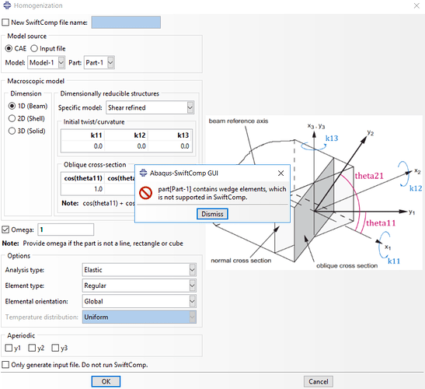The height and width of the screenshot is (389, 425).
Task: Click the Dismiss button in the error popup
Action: coord(212,214)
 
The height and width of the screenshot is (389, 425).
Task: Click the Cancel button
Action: coord(319,382)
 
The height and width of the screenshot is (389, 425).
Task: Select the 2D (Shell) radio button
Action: coord(12,118)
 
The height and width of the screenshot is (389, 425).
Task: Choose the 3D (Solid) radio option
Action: coord(12,131)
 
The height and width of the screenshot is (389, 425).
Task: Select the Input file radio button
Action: coord(34,48)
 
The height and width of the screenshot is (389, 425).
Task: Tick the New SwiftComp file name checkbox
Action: coord(5,23)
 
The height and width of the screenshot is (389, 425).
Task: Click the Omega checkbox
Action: coord(5,230)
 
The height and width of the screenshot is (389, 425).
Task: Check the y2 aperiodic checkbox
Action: coord(32,348)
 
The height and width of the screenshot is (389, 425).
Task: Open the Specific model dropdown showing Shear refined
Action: coord(150,107)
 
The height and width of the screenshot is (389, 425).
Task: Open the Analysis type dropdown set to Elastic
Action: coord(139,270)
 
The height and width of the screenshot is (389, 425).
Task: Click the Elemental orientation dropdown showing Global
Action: coord(139,301)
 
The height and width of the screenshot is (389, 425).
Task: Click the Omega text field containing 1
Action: coord(66,230)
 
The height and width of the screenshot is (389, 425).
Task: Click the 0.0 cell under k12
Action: coord(141,146)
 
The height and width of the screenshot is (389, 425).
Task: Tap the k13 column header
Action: coord(183,135)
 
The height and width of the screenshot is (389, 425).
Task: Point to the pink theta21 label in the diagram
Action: coord(369,176)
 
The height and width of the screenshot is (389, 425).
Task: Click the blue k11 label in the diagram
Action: coord(394,261)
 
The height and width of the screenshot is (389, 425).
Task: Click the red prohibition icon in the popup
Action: coord(145,193)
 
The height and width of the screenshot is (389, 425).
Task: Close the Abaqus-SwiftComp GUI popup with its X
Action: coord(280,173)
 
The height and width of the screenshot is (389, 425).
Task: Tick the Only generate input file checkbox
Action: coord(5,365)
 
